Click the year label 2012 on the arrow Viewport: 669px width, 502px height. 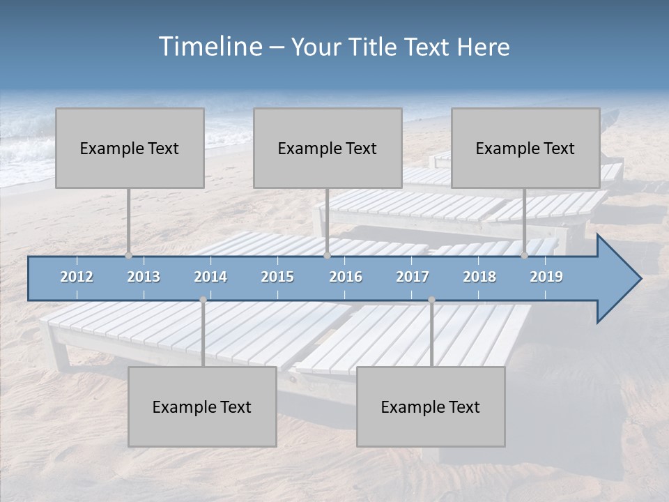click(x=77, y=277)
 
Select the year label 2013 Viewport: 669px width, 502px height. click(x=144, y=277)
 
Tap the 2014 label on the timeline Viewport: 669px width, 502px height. click(x=210, y=277)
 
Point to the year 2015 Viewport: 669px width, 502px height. click(x=277, y=277)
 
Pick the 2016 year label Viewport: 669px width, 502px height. click(x=346, y=277)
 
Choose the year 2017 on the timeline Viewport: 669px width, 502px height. click(x=413, y=277)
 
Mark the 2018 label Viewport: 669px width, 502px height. click(x=479, y=277)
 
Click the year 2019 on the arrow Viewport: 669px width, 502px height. click(x=546, y=277)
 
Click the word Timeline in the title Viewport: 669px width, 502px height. click(x=209, y=47)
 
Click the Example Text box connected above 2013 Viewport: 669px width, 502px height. click(x=130, y=148)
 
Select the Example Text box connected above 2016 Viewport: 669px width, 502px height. click(x=328, y=148)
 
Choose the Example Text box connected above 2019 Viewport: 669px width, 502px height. click(x=525, y=148)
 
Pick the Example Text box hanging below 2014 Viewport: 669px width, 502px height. click(x=202, y=406)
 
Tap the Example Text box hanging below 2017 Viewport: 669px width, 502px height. click(x=431, y=406)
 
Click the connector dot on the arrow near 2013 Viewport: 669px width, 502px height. click(x=129, y=256)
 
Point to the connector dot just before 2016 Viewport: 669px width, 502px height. click(x=327, y=256)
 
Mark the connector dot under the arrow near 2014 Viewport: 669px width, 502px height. click(x=203, y=300)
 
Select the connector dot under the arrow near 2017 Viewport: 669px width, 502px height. click(x=431, y=300)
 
